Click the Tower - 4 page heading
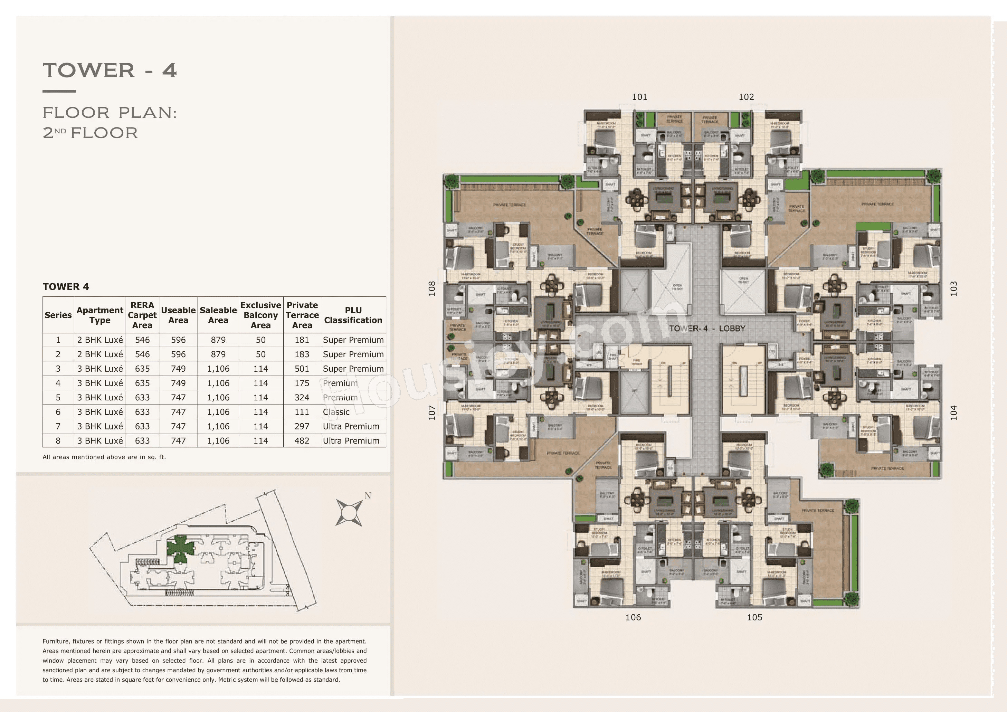(x=110, y=70)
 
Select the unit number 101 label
(x=639, y=97)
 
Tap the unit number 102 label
(x=746, y=97)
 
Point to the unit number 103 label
(x=953, y=288)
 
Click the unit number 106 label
(x=633, y=617)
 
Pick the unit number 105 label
(x=754, y=617)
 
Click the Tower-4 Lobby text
(x=707, y=328)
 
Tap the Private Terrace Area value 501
(x=302, y=369)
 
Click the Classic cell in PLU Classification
(x=336, y=412)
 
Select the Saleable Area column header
(x=218, y=315)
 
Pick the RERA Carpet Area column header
(x=142, y=315)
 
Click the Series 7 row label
(x=58, y=426)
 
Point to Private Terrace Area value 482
(x=302, y=441)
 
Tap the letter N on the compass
(x=368, y=496)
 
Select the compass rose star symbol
(x=349, y=512)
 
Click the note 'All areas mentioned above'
(x=104, y=457)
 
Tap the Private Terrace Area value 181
(x=302, y=340)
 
